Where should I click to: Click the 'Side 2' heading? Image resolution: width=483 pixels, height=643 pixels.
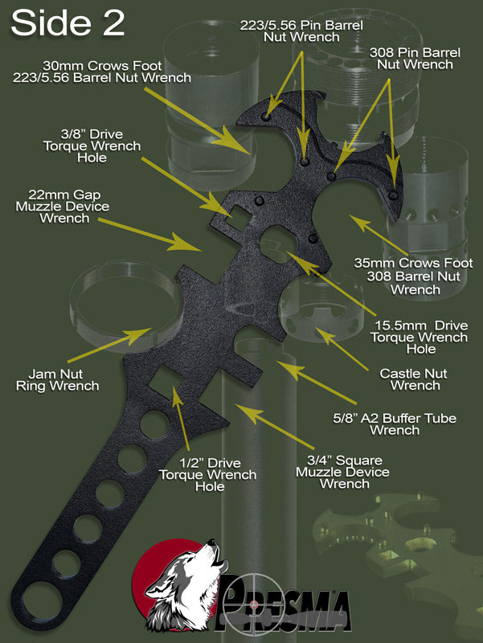point(68,23)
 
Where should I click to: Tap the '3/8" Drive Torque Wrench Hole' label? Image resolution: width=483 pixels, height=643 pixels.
point(92,146)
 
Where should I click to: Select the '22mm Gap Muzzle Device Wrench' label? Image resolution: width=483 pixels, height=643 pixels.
point(63,207)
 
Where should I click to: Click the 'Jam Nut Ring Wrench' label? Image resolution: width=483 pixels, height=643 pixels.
point(57,379)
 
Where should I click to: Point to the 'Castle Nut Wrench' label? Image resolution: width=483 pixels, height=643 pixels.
point(414,379)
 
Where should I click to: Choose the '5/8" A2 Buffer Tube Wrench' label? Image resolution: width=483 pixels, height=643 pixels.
point(395,424)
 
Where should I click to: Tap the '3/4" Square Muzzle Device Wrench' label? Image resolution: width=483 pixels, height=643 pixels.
point(343,472)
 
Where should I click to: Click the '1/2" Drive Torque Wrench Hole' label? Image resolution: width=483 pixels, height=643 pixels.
point(208,474)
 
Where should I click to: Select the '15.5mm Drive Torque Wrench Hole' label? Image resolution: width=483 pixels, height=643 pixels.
point(419,337)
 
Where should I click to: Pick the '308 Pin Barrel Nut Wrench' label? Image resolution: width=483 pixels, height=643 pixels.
point(415,58)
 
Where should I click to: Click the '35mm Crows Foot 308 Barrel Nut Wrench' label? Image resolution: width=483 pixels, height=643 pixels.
point(413,276)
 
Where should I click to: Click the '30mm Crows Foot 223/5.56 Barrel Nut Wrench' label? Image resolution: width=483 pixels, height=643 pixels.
point(102,72)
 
